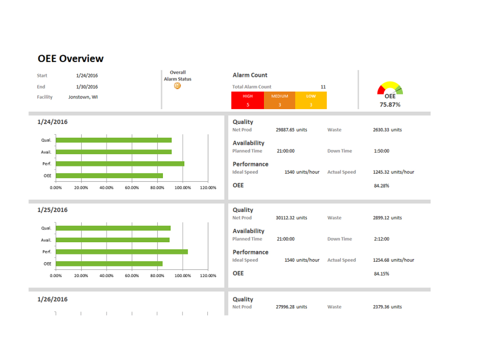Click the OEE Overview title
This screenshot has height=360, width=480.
[x=71, y=59]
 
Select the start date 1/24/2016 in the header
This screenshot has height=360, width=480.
[x=87, y=76]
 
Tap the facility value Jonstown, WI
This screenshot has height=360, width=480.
[x=83, y=97]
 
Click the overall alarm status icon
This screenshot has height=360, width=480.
[x=177, y=86]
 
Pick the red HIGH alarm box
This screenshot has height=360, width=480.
[x=248, y=100]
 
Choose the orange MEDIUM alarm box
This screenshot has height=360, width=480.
[x=280, y=100]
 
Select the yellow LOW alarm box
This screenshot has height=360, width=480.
[x=311, y=100]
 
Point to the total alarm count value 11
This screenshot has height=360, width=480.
[x=323, y=87]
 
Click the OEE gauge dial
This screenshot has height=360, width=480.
[x=390, y=88]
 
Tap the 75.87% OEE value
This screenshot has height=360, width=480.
[x=390, y=105]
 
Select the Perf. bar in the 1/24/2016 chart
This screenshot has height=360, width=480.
[x=120, y=164]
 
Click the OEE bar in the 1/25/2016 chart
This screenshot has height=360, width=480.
[x=109, y=264]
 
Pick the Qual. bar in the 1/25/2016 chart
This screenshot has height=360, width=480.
[x=113, y=228]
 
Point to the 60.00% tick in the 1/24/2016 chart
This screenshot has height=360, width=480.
[x=132, y=188]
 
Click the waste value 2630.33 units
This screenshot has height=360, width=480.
[x=387, y=130]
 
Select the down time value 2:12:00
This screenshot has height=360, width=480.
[x=381, y=239]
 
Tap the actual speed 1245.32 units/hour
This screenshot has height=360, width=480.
[x=393, y=172]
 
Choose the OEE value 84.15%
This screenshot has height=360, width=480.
[x=381, y=274]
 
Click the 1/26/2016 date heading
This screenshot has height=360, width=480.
[x=52, y=299]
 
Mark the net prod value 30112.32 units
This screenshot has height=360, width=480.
[x=291, y=218]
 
